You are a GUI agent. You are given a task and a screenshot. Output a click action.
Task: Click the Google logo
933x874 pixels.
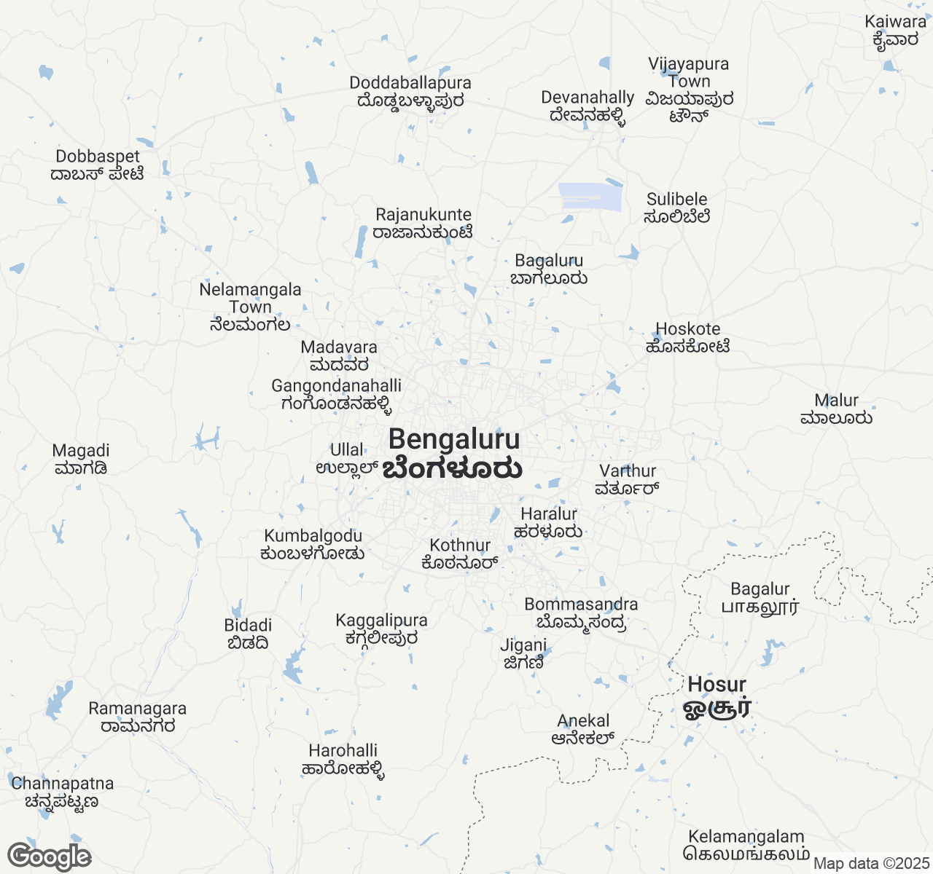click(49, 857)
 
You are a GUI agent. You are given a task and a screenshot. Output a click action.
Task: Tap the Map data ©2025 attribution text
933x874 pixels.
click(871, 864)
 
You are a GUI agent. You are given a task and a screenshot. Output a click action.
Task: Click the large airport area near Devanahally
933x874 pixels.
click(590, 197)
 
